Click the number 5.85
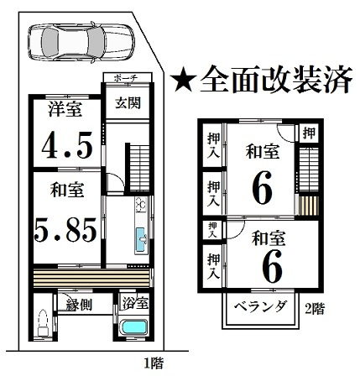(64, 228)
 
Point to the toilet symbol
(42, 321)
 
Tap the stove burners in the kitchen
(141, 206)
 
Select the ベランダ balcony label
(258, 306)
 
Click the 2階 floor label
(314, 308)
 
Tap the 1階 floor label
(152, 363)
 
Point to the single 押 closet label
(309, 133)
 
